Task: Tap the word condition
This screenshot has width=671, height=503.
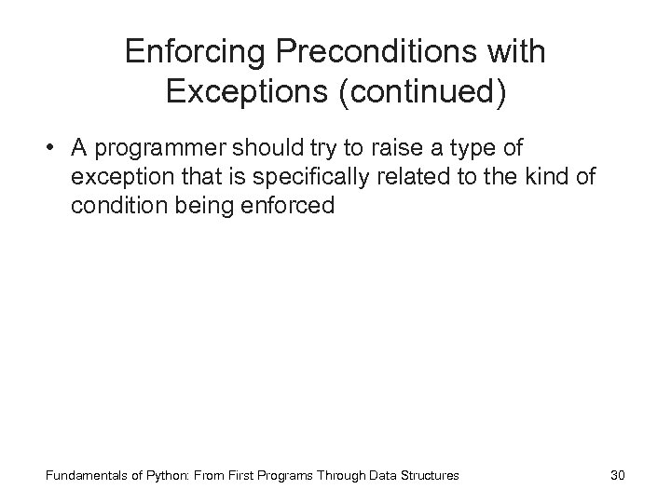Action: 112,206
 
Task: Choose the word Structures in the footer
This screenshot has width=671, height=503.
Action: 428,476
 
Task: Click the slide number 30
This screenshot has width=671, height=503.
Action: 616,476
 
